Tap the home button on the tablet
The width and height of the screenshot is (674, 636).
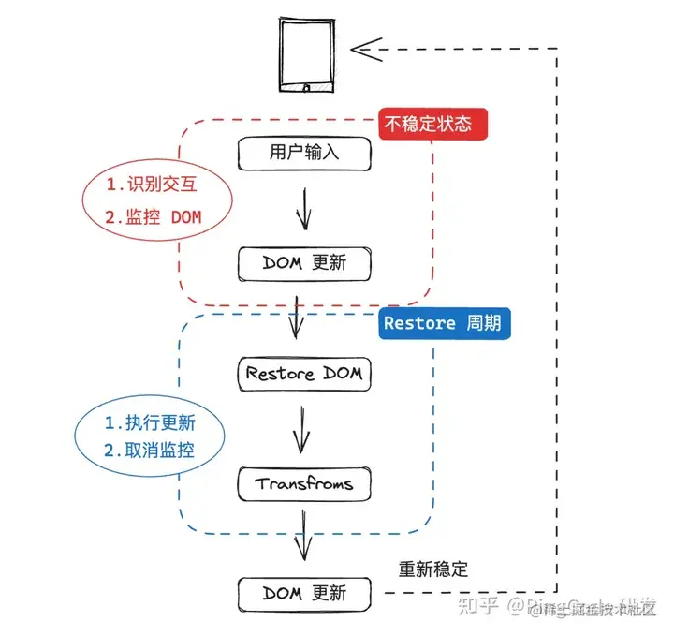pyautogui.click(x=305, y=89)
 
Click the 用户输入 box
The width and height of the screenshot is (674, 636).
pyautogui.click(x=304, y=152)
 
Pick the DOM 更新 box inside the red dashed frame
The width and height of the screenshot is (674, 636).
pyautogui.click(x=304, y=262)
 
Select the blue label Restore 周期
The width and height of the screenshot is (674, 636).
pyautogui.click(x=445, y=324)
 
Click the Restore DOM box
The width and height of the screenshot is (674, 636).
pyautogui.click(x=304, y=373)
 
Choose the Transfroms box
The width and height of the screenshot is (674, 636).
pyautogui.click(x=304, y=484)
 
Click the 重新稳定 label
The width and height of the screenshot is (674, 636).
pyautogui.click(x=432, y=569)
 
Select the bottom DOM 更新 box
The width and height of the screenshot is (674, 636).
pyautogui.click(x=304, y=593)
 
